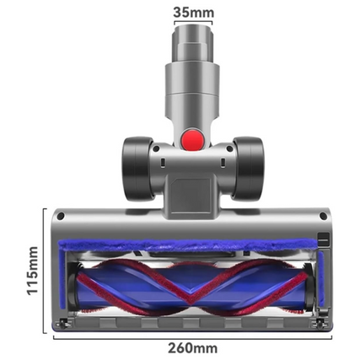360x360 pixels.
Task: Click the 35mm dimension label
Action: [x=192, y=13]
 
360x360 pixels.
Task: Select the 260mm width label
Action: [x=191, y=347]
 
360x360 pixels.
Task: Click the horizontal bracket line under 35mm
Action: [x=192, y=24]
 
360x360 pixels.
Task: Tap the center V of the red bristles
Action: [x=192, y=291]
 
